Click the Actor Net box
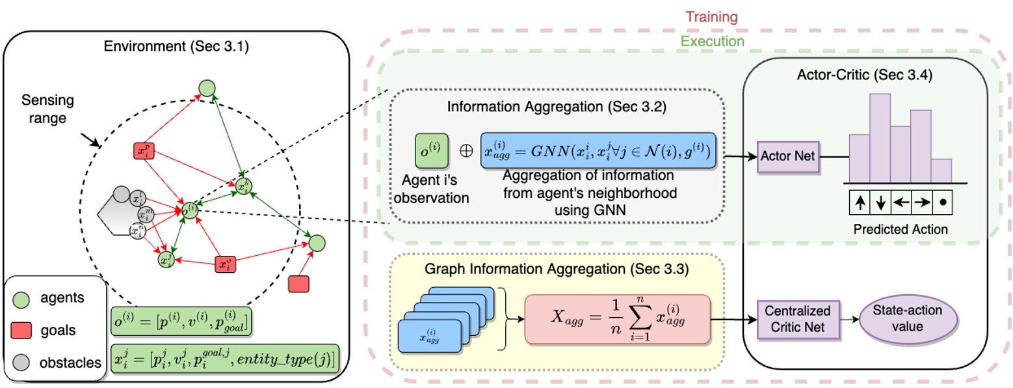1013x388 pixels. tap(787, 157)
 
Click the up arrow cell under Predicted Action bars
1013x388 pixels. tap(860, 203)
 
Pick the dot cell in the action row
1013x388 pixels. tap(942, 203)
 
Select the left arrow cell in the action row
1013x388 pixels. tap(901, 203)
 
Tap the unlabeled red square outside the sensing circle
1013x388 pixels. tap(298, 284)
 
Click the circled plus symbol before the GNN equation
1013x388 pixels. tap(465, 149)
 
